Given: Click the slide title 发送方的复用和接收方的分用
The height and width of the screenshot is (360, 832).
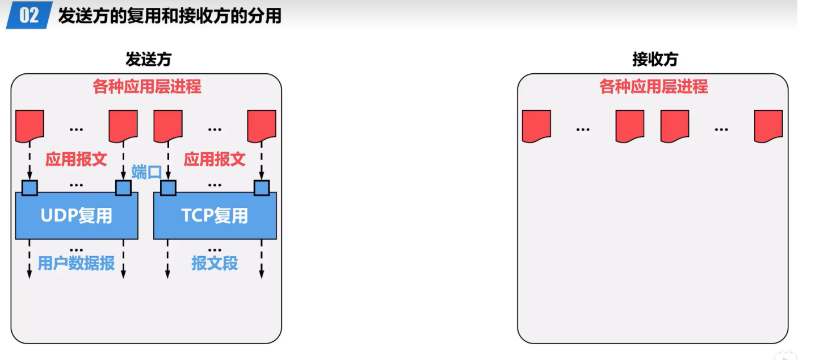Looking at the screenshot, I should coord(170,16).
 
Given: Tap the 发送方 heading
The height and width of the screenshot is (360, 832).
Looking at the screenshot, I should coord(148,59).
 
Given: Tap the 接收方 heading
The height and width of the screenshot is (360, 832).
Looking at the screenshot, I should coord(655,59).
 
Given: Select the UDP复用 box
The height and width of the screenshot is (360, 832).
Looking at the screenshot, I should coord(77,216).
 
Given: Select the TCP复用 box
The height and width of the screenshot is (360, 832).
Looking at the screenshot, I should coord(215,216).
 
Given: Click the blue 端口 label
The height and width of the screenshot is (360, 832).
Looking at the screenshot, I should coord(147,172).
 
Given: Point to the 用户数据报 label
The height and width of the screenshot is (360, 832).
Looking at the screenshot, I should coord(77,263).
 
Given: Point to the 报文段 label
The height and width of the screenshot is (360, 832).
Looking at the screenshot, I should coord(215,263).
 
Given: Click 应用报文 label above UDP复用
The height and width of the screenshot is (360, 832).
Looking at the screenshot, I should coord(76,159).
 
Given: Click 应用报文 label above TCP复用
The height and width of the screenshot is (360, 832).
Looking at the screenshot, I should coord(215,159).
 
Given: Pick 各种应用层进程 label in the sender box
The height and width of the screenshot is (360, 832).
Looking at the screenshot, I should coord(147,87).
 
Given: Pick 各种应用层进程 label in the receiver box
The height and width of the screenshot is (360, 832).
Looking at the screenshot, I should coord(654,87).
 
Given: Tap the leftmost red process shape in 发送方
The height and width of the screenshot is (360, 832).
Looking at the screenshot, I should coord(30,125).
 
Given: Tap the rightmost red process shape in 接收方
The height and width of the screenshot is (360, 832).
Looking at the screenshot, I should coord(768,125).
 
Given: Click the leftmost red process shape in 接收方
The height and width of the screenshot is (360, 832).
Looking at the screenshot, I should coord(536,125).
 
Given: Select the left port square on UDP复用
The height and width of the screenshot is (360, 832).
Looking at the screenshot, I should coord(30,187).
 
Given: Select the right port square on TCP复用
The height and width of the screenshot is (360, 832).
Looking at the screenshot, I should coord(262,187).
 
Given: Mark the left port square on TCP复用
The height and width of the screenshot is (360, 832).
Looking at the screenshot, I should coord(168,187).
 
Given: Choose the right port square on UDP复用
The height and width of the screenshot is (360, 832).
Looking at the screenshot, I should coord(123,187).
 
